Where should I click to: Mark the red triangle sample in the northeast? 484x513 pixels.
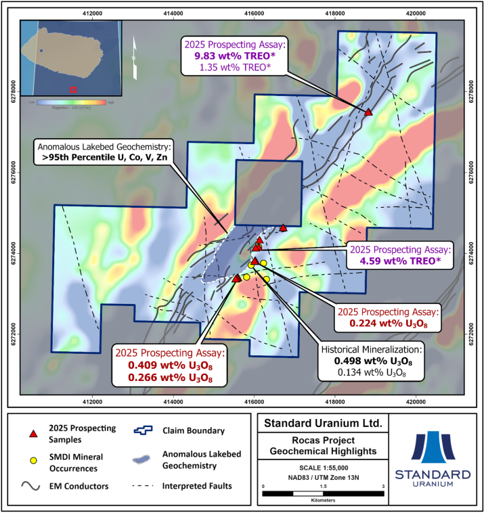pyautogui.click(x=369, y=112)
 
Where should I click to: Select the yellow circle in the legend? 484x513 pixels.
pyautogui.click(x=31, y=460)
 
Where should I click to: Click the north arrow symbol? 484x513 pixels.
pyautogui.click(x=135, y=51)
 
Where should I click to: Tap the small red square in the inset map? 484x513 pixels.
pyautogui.click(x=74, y=89)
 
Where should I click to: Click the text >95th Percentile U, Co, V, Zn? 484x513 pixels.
pyautogui.click(x=103, y=158)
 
